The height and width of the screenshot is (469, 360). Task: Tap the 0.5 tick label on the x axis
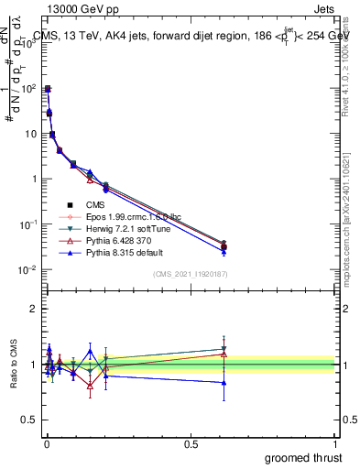tap(191, 443)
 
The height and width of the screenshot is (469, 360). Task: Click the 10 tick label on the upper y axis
tap(31, 134)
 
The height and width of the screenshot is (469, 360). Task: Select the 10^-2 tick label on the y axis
tap(27, 269)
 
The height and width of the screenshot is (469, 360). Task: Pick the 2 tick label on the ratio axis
tap(34, 309)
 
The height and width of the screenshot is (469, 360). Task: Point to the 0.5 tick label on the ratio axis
tap(29, 421)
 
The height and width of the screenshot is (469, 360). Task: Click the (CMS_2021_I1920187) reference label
tap(190, 274)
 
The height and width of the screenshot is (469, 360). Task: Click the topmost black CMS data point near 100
tap(47, 89)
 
